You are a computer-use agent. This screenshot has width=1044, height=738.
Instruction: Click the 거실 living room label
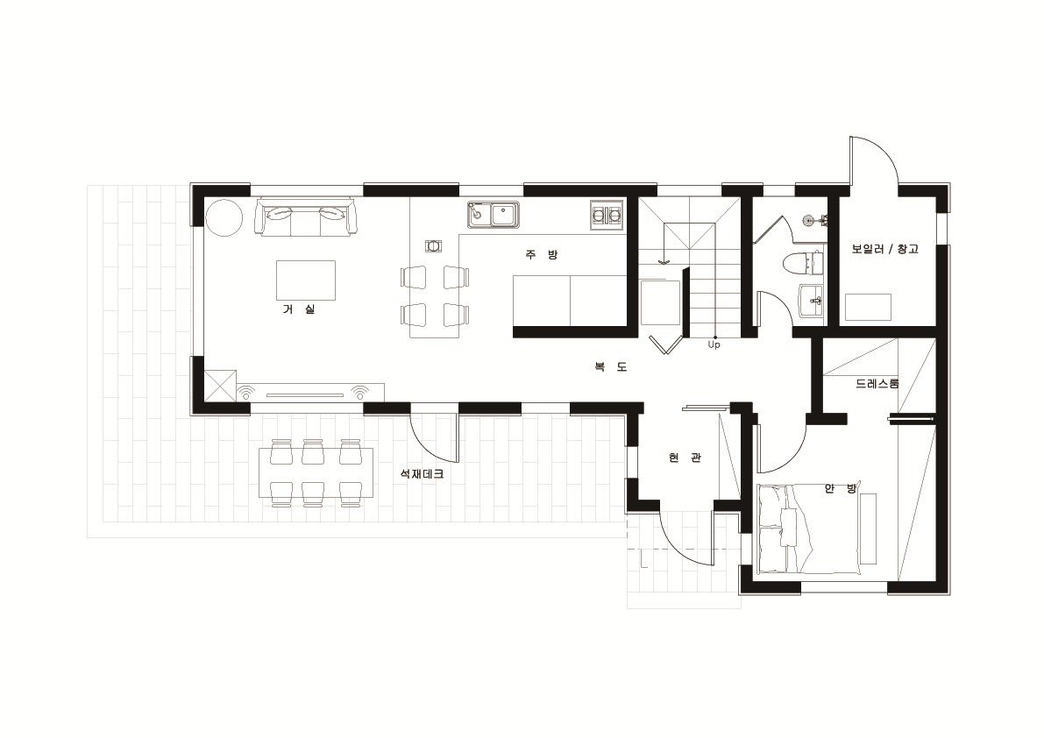(x=298, y=309)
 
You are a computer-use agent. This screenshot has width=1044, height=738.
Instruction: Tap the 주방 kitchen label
(x=542, y=254)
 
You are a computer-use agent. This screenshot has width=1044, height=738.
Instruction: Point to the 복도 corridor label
(x=611, y=366)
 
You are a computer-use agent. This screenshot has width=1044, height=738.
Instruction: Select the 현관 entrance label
(x=685, y=458)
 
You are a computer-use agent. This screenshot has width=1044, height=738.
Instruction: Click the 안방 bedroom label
(x=841, y=488)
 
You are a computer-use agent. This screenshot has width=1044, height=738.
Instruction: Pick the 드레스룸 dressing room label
(x=877, y=383)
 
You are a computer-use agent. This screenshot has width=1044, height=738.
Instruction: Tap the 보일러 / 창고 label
(x=884, y=249)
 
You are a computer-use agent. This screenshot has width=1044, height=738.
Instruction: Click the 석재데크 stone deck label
(x=422, y=474)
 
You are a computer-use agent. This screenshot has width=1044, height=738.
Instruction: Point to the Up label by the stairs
(x=714, y=344)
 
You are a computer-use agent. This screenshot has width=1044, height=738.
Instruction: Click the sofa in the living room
(x=306, y=216)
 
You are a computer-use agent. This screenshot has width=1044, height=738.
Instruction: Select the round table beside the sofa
(x=224, y=217)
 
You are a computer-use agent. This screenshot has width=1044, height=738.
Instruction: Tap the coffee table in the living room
(x=306, y=280)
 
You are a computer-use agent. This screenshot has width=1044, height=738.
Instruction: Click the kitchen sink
(x=494, y=214)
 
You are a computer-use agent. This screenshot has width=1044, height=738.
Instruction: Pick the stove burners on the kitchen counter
(x=607, y=215)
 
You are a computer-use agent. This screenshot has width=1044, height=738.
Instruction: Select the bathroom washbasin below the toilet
(x=811, y=299)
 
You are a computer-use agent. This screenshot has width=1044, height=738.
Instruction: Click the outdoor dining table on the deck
(x=316, y=472)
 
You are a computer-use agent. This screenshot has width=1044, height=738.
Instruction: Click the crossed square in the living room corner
(x=220, y=386)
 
